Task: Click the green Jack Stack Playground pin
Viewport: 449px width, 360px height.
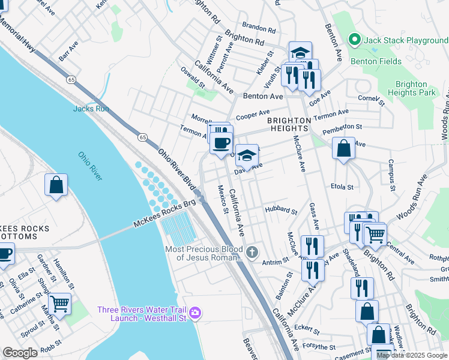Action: (x=354, y=40)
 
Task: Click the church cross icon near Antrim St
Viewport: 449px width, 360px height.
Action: (x=252, y=251)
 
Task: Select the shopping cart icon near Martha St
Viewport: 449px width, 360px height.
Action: (x=60, y=304)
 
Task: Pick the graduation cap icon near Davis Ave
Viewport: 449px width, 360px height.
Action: (x=247, y=156)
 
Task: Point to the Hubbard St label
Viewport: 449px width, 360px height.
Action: (x=281, y=211)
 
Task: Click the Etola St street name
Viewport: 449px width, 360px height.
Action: (x=342, y=187)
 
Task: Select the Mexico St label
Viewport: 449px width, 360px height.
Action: (x=222, y=199)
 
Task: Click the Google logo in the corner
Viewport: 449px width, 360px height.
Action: (x=20, y=353)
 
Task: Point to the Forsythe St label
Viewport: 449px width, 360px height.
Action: (x=319, y=347)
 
